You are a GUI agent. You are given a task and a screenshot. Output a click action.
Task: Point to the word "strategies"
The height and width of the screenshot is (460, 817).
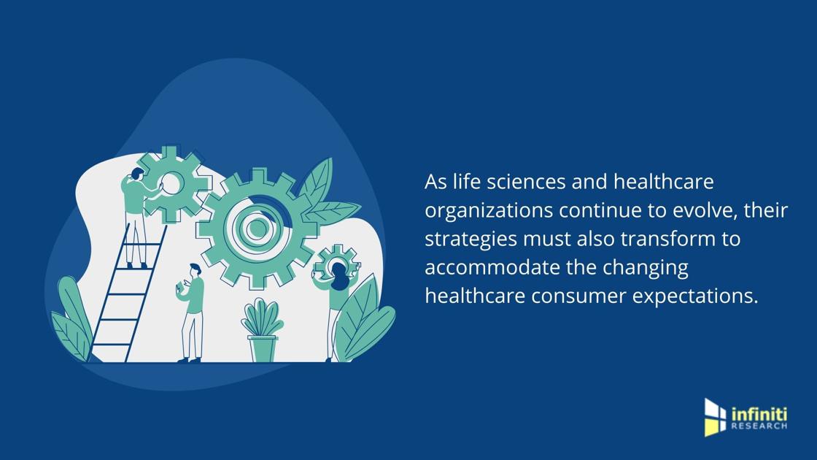[471, 240]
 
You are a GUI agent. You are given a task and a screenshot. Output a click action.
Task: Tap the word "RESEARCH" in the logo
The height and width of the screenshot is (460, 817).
[759, 426]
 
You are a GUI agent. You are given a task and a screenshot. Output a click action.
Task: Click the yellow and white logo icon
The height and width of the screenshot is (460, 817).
[715, 417]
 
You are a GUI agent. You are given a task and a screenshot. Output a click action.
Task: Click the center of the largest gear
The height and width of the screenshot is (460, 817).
[256, 228]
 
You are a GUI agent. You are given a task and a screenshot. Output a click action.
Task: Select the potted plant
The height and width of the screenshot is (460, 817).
[262, 329]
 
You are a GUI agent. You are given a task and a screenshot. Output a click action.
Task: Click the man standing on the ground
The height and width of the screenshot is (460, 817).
[192, 313]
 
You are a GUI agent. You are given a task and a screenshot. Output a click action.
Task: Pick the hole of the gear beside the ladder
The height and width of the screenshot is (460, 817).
[171, 183]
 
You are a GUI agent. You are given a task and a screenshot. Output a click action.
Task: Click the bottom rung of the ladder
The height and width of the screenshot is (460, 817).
[110, 345]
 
